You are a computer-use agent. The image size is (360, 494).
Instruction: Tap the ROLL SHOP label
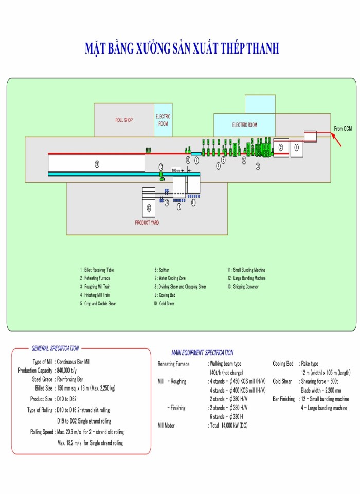tap(123, 120)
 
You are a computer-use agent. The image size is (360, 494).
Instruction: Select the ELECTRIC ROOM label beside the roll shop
tap(163, 120)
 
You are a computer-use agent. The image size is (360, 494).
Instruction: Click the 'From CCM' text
tap(343, 128)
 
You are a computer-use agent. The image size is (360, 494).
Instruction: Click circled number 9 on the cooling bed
tap(97, 164)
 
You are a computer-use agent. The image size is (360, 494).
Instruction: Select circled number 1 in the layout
tap(296, 147)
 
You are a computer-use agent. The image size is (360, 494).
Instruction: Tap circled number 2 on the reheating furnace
tap(280, 147)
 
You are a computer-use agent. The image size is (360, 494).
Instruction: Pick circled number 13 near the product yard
tap(149, 207)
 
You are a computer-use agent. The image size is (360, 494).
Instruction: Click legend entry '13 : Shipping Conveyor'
tap(245, 286)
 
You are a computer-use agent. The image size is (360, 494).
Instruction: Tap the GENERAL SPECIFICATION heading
tap(55, 348)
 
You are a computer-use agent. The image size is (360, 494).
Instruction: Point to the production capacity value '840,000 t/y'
tap(74, 370)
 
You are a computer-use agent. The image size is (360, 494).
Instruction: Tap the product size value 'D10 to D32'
tap(67, 399)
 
